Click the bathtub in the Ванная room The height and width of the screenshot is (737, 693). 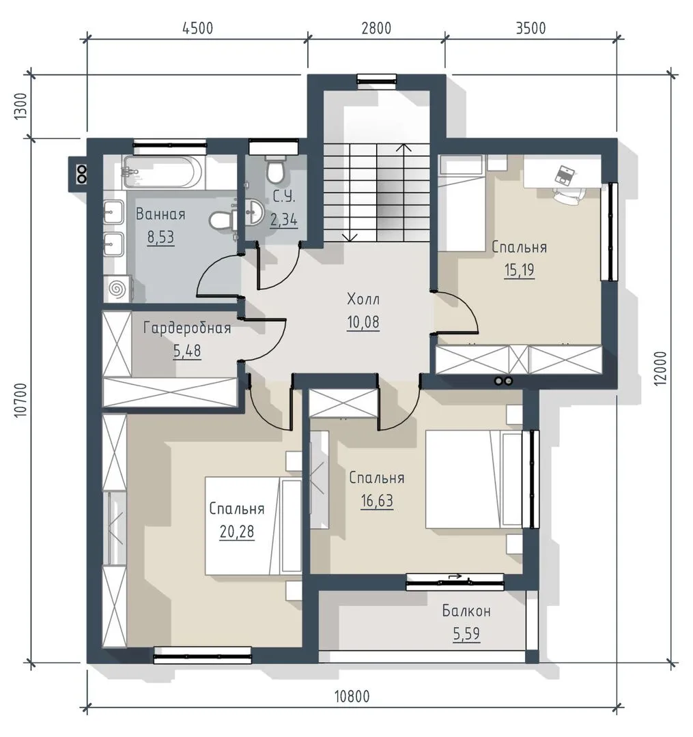[x=162, y=172]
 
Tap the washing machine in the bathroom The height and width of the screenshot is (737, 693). [x=117, y=288]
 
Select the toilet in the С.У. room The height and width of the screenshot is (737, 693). [x=276, y=170]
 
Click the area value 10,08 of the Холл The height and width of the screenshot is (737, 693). [x=363, y=322]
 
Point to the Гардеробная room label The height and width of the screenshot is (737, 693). [x=187, y=328]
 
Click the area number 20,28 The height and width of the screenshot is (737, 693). [x=236, y=532]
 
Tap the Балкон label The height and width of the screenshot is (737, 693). [x=466, y=611]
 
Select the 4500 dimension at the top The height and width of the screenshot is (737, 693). [x=197, y=28]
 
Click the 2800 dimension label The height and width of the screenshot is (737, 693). [x=376, y=28]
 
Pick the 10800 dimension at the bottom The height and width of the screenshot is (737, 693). [x=352, y=696]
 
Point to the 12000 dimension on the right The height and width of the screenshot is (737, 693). [x=660, y=369]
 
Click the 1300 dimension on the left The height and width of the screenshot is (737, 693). [x=22, y=106]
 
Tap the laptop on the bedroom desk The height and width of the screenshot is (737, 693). [x=563, y=175]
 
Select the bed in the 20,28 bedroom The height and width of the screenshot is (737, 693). [x=253, y=525]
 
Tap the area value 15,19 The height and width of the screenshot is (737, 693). [x=520, y=270]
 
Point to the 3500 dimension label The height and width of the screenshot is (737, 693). [x=531, y=28]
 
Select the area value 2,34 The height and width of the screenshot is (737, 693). [x=284, y=220]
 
